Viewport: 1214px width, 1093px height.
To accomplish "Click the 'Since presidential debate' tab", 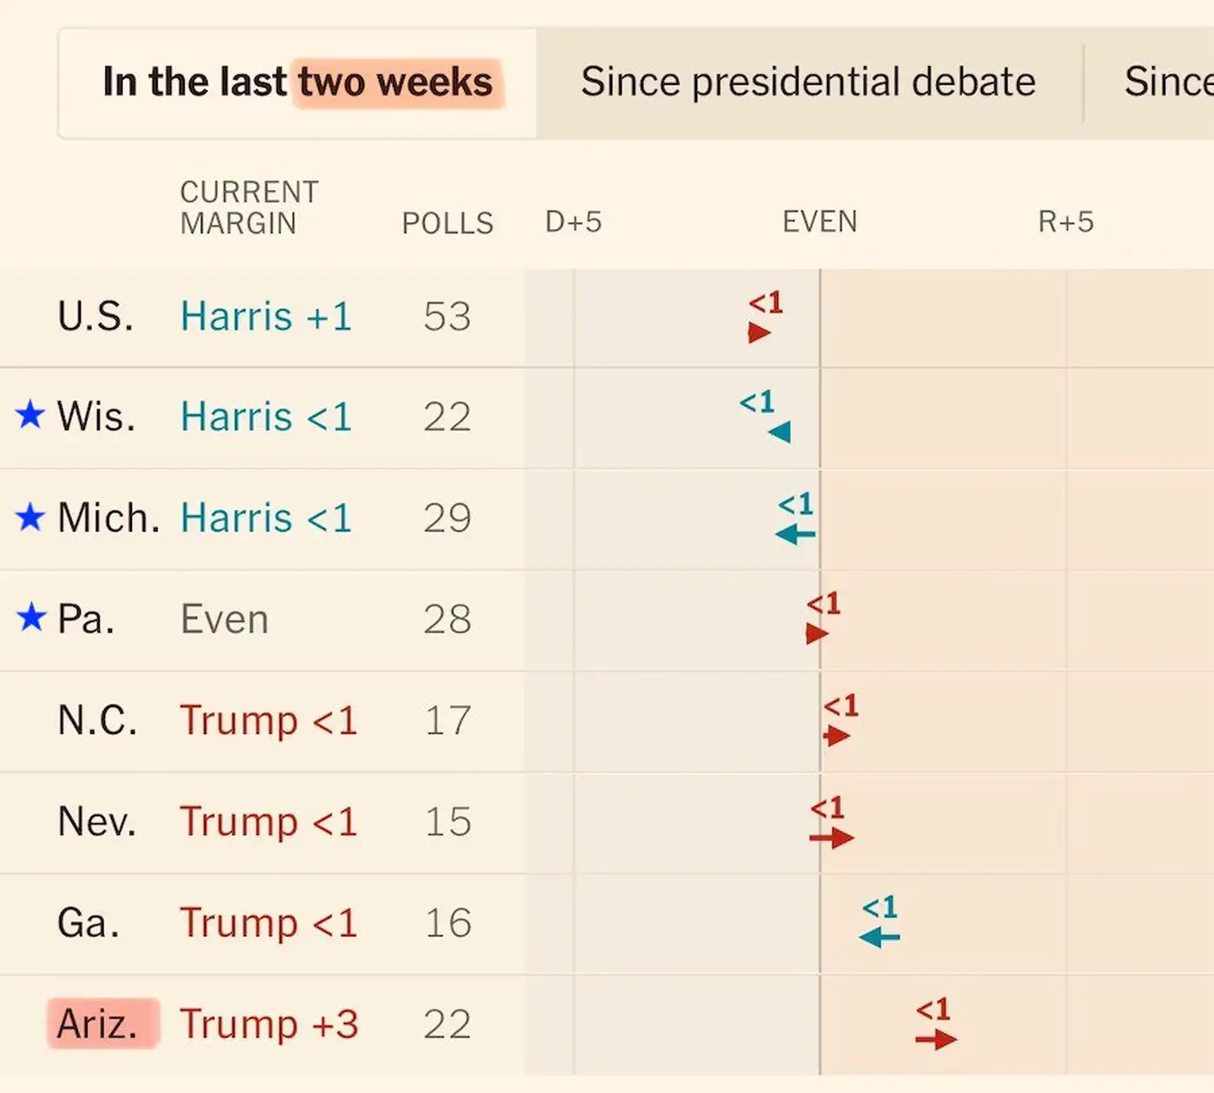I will [808, 82].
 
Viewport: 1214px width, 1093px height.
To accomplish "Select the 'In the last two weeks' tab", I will [297, 82].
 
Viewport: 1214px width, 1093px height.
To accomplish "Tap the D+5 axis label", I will [573, 222].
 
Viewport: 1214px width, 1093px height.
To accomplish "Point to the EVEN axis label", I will [819, 222].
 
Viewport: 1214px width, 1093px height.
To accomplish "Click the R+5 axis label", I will [1066, 222].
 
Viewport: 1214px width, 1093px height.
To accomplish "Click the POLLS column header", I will [447, 223].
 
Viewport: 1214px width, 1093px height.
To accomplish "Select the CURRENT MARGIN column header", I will [249, 207].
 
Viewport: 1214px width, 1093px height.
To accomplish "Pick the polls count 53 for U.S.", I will [447, 317].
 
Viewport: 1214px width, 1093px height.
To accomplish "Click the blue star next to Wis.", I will [30, 415].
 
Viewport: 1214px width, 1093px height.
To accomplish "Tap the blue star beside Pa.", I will [31, 618].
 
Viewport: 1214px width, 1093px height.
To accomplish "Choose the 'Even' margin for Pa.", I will [225, 619].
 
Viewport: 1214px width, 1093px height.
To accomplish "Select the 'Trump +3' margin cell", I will [269, 1024].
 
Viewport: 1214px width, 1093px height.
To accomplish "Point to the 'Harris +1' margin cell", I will [266, 317].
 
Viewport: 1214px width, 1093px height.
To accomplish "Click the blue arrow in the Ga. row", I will [879, 937].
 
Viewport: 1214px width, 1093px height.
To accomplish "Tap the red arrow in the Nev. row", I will [832, 837].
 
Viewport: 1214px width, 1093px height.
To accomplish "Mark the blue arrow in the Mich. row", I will [795, 533].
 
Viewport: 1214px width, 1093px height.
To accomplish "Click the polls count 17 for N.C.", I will [447, 721].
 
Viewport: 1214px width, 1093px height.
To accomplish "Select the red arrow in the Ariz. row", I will [936, 1039].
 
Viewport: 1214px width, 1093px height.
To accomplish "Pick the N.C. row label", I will [97, 721].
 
